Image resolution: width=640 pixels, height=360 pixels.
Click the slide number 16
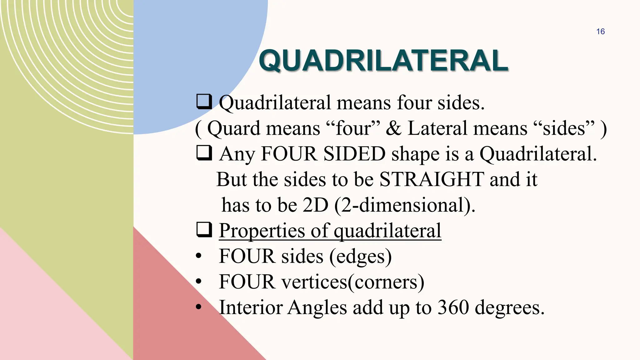tap(600, 32)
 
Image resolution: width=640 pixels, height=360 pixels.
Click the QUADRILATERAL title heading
tap(383, 61)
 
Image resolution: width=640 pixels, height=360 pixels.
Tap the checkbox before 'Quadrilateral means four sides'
tap(204, 102)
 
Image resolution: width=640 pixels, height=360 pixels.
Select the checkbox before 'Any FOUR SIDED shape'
tap(204, 153)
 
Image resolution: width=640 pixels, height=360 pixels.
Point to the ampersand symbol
tap(393, 128)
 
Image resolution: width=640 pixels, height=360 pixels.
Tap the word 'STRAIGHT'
tap(432, 180)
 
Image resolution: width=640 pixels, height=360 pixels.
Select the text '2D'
tap(316, 205)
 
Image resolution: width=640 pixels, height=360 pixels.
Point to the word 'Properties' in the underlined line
tap(262, 231)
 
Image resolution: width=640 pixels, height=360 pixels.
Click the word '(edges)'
tap(360, 257)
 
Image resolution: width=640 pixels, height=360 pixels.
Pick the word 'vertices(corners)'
tap(353, 282)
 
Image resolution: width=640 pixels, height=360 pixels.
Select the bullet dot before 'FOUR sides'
tap(198, 256)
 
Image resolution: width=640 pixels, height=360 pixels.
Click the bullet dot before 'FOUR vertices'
tap(198, 282)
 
